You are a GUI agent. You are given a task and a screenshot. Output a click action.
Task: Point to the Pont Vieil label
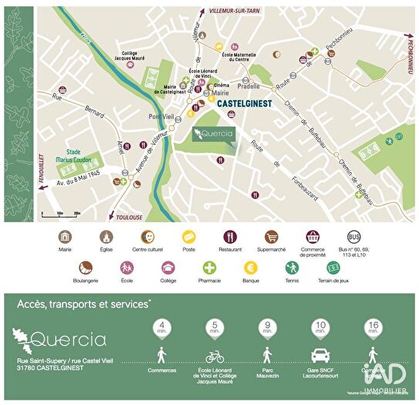[161, 116]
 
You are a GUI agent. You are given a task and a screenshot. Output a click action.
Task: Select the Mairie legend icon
[65, 236]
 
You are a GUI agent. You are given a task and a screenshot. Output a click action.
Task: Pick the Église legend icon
[106, 236]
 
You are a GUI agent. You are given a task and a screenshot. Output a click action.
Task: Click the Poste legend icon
[188, 236]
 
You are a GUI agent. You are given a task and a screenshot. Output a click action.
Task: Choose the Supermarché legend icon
[271, 236]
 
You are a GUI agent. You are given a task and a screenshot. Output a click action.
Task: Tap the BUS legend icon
[354, 236]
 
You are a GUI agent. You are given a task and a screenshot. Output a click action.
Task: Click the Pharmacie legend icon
[208, 268]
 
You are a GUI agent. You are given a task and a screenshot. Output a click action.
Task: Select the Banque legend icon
[250, 268]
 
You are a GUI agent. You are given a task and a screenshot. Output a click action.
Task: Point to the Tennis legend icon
[292, 268]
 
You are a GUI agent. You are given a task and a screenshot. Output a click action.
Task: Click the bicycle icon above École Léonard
[215, 357]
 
